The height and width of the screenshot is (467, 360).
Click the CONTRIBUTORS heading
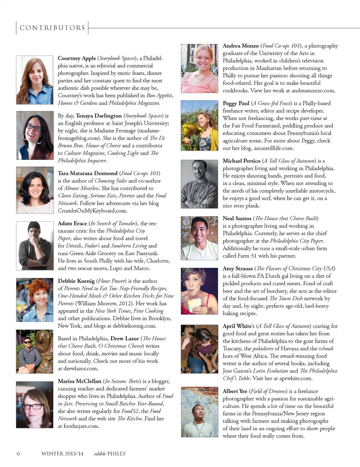[x=52, y=28]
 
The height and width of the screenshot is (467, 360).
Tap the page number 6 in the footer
[x=18, y=453]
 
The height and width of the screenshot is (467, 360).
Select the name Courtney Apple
[x=77, y=58]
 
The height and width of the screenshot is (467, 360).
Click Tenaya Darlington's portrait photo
[x=34, y=135]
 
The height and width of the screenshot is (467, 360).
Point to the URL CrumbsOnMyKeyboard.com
[x=91, y=210]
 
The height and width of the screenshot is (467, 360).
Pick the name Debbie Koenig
[x=76, y=281]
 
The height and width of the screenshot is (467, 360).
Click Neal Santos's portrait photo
[x=199, y=238]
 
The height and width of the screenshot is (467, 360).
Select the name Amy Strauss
[x=238, y=268]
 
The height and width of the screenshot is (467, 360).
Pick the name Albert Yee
[x=235, y=391]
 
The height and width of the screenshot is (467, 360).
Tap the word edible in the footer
[x=100, y=453]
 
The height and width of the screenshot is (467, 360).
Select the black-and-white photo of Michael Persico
[x=199, y=184]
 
